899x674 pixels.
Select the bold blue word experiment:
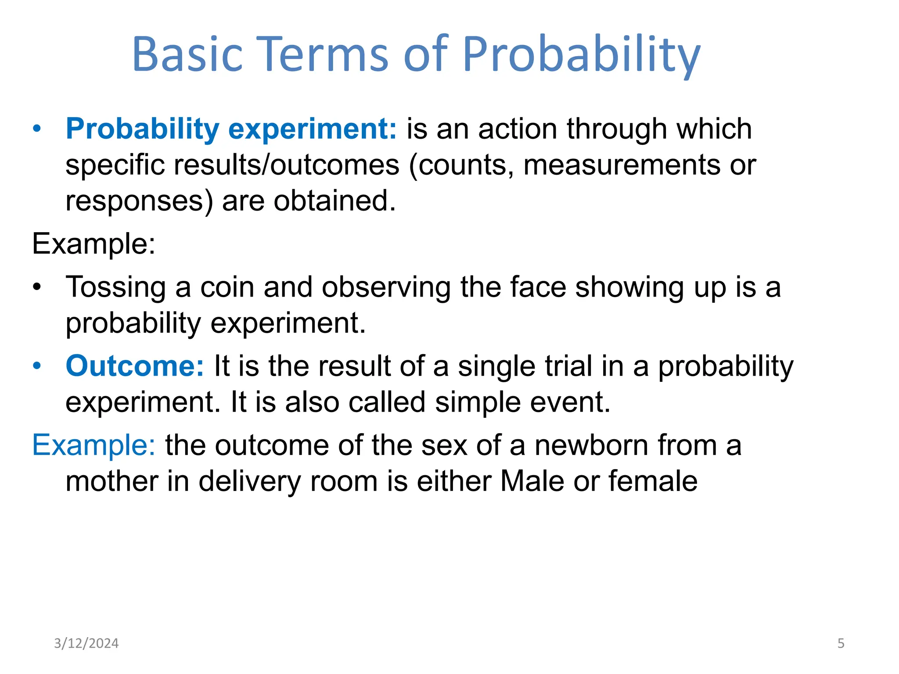[313, 129]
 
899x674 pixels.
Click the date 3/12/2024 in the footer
[86, 643]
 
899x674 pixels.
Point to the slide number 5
[841, 643]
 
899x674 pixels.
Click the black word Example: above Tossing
[93, 244]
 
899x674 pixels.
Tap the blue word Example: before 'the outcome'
[93, 445]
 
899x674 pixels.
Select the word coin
[227, 287]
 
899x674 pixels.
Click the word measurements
[622, 165]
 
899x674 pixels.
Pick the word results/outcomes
[287, 165]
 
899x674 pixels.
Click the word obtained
[334, 201]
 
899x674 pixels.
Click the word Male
[532, 481]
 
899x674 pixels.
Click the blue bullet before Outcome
[37, 366]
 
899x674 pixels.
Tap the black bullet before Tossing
[37, 287]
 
